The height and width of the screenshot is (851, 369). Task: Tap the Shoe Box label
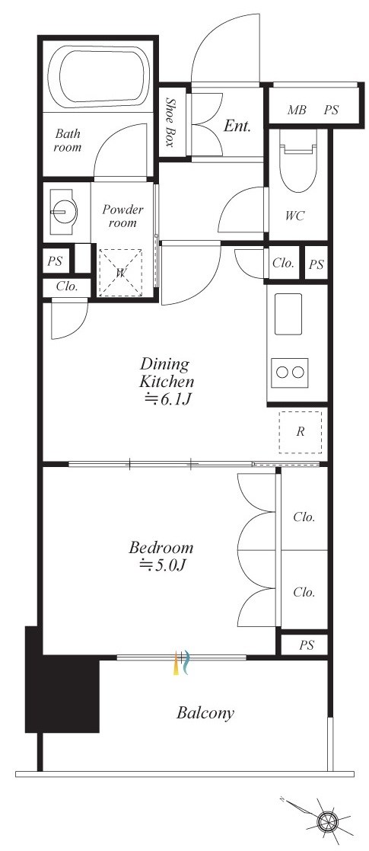(170, 123)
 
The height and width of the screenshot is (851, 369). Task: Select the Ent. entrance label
(237, 126)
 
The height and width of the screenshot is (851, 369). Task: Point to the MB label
(297, 110)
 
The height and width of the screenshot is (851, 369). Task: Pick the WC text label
(295, 216)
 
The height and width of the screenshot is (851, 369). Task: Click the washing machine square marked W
(120, 272)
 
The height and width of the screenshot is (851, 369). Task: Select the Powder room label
(122, 216)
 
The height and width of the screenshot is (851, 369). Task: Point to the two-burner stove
(290, 373)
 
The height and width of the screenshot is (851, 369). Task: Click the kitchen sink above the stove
(288, 314)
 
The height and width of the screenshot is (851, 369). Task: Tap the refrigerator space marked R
(301, 432)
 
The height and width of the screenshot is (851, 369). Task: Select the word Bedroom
(161, 547)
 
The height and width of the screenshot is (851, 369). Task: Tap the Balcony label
(205, 713)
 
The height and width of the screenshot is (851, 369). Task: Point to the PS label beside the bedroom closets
(307, 646)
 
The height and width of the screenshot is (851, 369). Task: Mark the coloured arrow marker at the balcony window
(182, 663)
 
